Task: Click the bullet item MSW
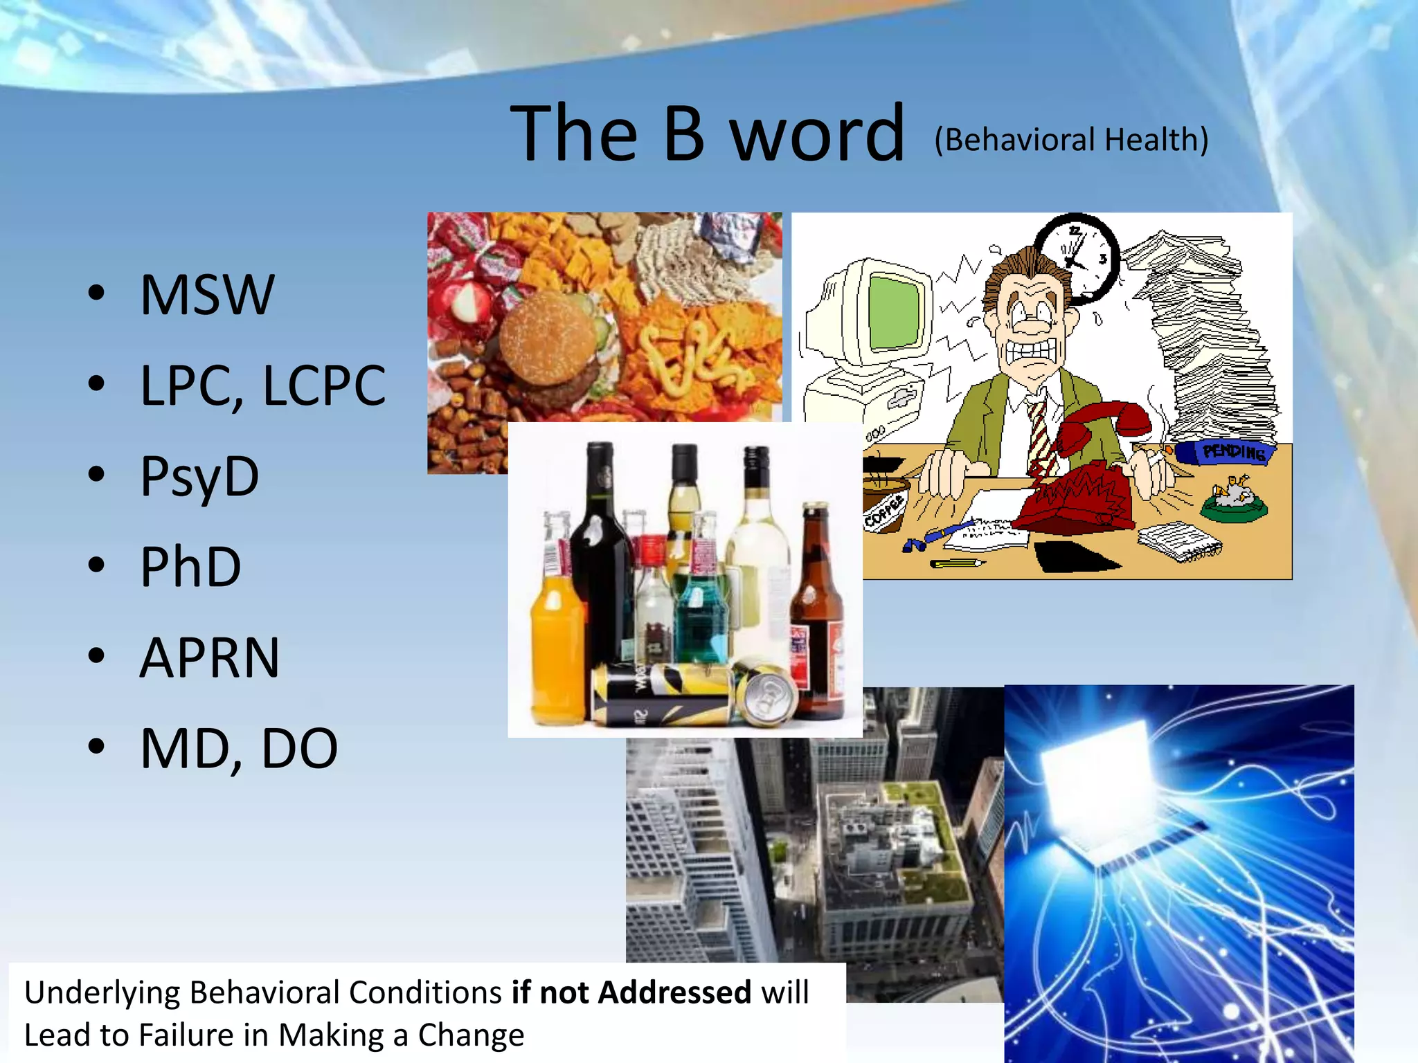pos(207,295)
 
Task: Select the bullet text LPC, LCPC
pos(262,385)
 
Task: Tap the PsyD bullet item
pos(199,477)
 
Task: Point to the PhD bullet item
pos(190,567)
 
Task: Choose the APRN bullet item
pos(210,657)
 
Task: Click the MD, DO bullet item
pos(239,748)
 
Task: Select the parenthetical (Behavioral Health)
pos(1071,140)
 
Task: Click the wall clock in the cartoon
pos(1077,257)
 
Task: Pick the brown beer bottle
pos(817,609)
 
